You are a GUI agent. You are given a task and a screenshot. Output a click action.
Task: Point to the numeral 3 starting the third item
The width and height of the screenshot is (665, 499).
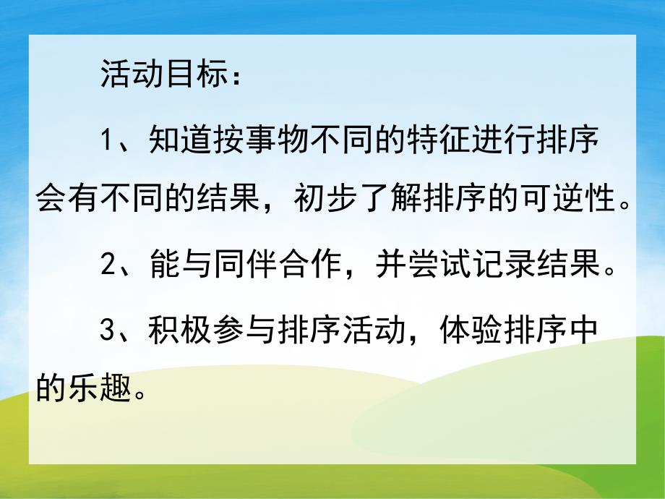pos(107,331)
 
